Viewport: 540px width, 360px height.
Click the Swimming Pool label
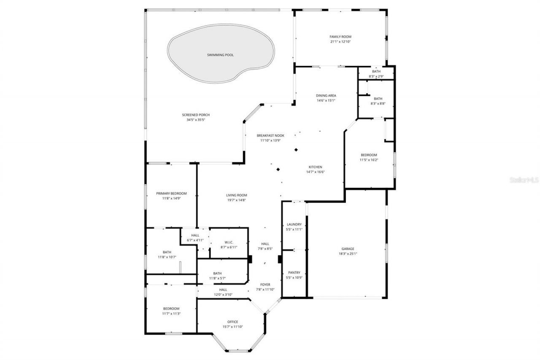220,55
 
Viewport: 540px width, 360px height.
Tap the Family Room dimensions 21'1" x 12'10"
340,42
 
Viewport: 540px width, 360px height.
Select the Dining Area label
326,95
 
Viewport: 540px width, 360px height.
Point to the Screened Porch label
196,115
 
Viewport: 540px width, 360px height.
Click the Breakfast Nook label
270,135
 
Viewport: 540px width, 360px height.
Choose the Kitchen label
315,167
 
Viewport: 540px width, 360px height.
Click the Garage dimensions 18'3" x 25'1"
348,254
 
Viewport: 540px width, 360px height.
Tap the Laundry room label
294,225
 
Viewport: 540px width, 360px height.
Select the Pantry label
294,273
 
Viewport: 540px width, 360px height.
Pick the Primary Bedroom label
171,193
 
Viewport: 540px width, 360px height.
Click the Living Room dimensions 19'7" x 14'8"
236,200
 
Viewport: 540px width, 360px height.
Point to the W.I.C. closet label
229,242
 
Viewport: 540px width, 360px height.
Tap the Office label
232,322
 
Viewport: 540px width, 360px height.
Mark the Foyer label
265,284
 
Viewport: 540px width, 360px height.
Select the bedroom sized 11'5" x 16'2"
369,157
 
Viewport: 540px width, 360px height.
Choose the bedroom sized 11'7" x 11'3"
171,311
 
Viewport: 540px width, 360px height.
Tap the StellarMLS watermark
524,180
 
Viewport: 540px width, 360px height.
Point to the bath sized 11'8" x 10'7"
167,254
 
